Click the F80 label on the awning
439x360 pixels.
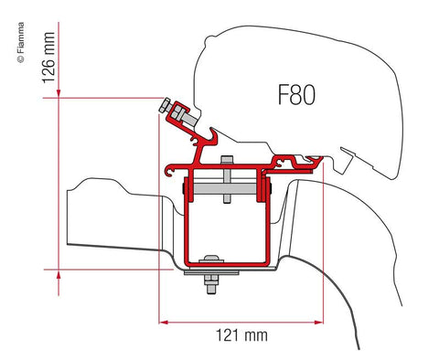291,95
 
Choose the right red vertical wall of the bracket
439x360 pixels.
264,224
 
